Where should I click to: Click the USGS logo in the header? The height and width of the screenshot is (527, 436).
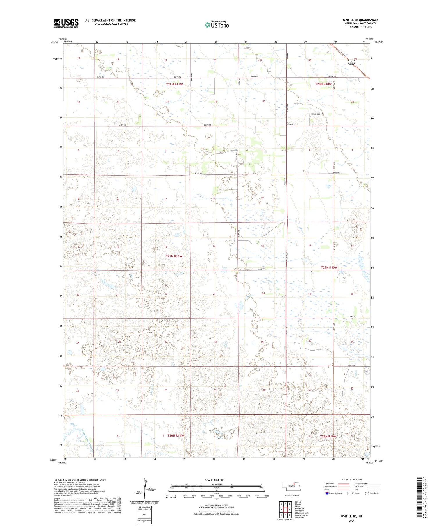66,23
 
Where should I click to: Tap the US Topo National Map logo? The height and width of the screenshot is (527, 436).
217,25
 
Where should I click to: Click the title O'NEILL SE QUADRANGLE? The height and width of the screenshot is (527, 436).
360,20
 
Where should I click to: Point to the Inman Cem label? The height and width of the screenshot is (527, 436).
316,114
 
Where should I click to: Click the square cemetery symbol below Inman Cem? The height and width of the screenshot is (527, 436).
312,117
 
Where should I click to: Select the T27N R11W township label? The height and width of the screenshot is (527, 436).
174,256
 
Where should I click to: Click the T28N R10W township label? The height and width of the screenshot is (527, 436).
323,84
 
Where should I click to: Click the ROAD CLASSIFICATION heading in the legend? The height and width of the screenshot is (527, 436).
351,480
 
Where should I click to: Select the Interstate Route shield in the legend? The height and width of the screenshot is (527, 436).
327,493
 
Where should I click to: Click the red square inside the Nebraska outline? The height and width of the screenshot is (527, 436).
294,484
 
